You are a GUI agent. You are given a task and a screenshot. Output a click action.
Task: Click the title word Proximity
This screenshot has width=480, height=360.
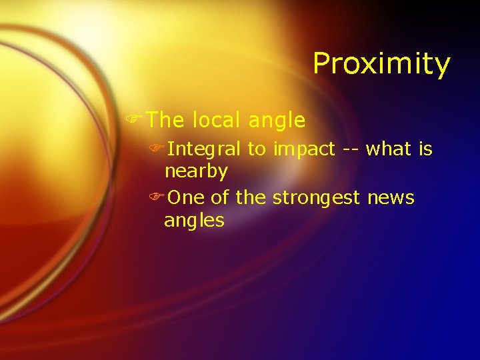pos(381,64)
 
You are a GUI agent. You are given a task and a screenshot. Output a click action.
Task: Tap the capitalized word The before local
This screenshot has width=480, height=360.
pos(165,120)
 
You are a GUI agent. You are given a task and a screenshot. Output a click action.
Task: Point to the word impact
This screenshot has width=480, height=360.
pos(303,150)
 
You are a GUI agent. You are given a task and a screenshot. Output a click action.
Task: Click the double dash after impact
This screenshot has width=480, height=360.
pos(351,150)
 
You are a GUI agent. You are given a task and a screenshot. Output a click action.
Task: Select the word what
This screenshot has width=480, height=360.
pos(389,149)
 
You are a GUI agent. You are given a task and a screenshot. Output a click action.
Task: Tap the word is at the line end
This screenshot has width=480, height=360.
pos(425,149)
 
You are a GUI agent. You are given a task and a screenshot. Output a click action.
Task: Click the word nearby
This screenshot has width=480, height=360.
pos(196,172)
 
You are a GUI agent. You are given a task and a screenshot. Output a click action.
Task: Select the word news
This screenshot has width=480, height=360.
pos(391,198)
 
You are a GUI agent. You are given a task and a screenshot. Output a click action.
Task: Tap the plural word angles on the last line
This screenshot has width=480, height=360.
pos(194,221)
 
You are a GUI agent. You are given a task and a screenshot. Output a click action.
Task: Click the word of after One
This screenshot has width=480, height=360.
pos(221,198)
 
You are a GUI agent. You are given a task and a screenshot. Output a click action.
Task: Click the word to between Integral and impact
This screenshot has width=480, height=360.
pos(257,150)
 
